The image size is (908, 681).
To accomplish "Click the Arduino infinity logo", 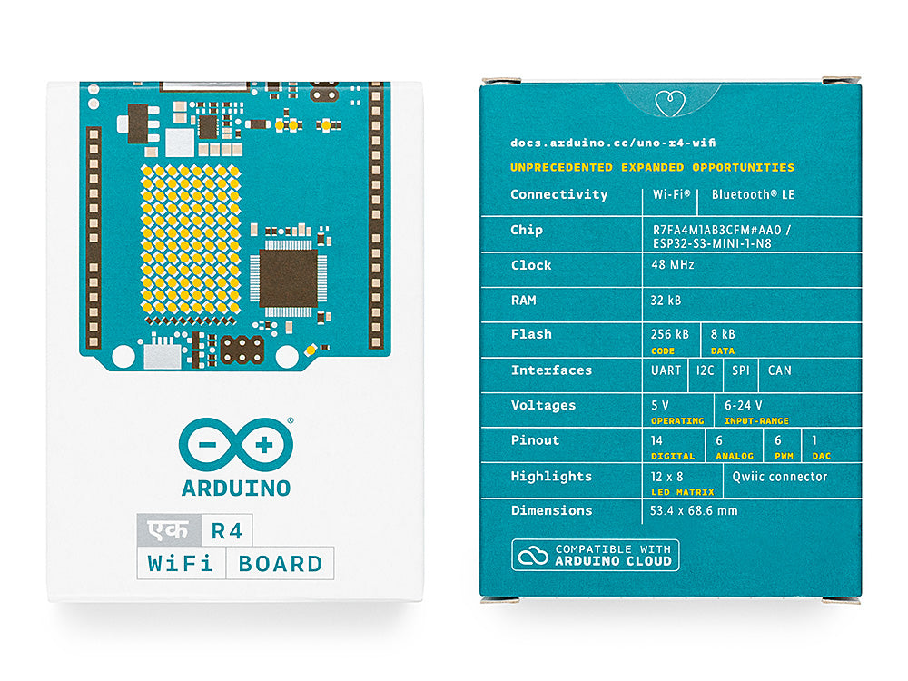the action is tap(236, 444).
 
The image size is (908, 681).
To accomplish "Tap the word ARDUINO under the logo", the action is tap(236, 489).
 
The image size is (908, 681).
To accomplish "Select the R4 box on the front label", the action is tap(227, 530).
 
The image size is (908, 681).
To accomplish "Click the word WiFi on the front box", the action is tap(181, 564).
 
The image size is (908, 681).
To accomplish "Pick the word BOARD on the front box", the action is tap(281, 564).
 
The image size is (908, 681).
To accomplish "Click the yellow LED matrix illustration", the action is tap(191, 241).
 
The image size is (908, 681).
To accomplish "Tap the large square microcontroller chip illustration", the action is tap(289, 279).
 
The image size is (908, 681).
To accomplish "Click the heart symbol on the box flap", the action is tap(670, 104).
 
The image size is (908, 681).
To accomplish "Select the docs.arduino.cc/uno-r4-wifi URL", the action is tap(613, 143).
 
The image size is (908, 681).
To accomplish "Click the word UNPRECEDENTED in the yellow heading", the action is tap(561, 167).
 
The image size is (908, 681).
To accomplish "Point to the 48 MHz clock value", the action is tap(672, 264).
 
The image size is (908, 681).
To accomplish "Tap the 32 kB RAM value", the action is tap(666, 300).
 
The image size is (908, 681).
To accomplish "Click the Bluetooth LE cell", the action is tap(753, 194).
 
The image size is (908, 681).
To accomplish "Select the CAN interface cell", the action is tap(779, 370).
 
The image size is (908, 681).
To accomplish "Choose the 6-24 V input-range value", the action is tap(743, 405).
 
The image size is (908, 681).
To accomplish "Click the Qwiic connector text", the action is tap(779, 477).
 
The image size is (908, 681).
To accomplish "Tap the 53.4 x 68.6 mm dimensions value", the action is tap(694, 510).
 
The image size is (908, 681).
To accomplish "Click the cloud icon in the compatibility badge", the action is tap(533, 556).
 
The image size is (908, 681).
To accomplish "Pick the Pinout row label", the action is tap(535, 440).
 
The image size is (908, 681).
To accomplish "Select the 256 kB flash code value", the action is tap(669, 334).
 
